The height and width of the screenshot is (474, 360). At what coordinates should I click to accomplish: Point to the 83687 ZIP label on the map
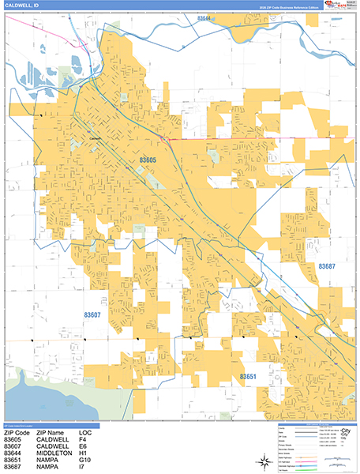(x=327, y=267)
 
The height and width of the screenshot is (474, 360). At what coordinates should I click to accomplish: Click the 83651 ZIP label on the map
(x=250, y=378)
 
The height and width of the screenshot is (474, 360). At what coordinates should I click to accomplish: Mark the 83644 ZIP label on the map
(x=205, y=17)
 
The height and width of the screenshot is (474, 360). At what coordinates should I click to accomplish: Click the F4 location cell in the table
(x=82, y=440)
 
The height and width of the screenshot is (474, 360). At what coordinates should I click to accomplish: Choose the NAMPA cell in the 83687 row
(x=46, y=465)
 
